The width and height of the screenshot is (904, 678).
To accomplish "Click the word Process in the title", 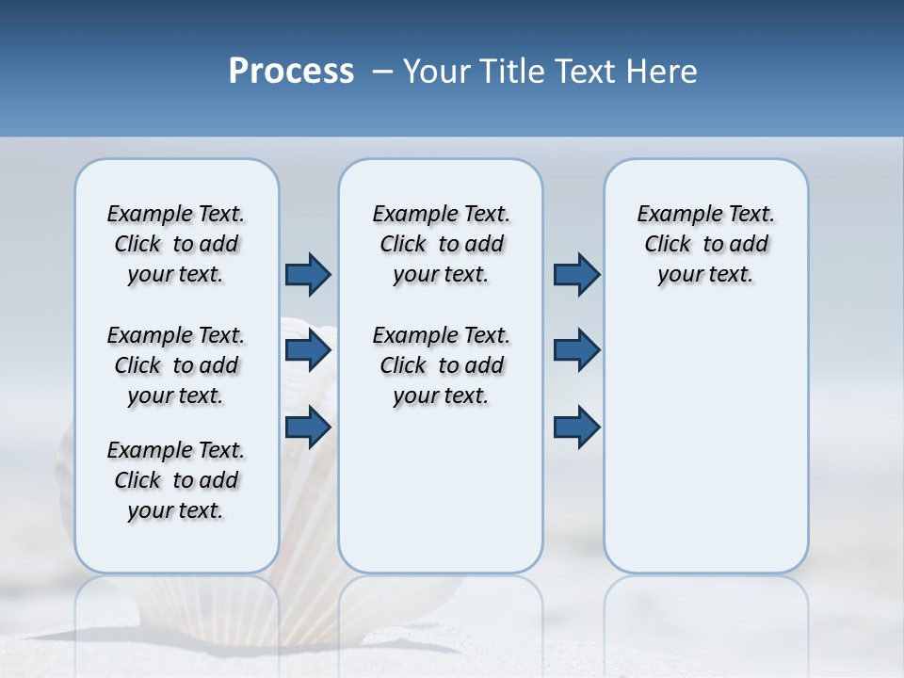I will pyautogui.click(x=291, y=72).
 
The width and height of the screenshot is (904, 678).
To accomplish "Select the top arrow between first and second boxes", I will pyautogui.click(x=308, y=274).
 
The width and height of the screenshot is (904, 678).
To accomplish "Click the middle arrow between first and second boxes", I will pyautogui.click(x=308, y=351).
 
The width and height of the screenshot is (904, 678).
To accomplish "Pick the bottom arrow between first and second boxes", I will pyautogui.click(x=308, y=428).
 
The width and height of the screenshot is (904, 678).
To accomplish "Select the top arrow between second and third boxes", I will pyautogui.click(x=576, y=274).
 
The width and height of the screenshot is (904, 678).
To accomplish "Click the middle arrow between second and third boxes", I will pyautogui.click(x=576, y=351).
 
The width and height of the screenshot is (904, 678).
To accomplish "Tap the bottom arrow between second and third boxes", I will pyautogui.click(x=576, y=428).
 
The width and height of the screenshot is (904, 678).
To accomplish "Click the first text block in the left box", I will pyautogui.click(x=176, y=244).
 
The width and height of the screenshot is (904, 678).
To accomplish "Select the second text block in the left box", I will pyautogui.click(x=176, y=365).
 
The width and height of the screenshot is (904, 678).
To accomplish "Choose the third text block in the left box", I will pyautogui.click(x=176, y=480).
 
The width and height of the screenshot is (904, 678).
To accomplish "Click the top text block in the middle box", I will pyautogui.click(x=441, y=244).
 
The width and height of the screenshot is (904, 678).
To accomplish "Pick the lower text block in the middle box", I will pyautogui.click(x=441, y=365).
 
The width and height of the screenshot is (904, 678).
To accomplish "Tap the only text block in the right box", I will pyautogui.click(x=705, y=244).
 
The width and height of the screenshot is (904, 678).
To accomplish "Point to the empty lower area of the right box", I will pyautogui.click(x=705, y=452).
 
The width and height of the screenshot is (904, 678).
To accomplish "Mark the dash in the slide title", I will pyautogui.click(x=382, y=72).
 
